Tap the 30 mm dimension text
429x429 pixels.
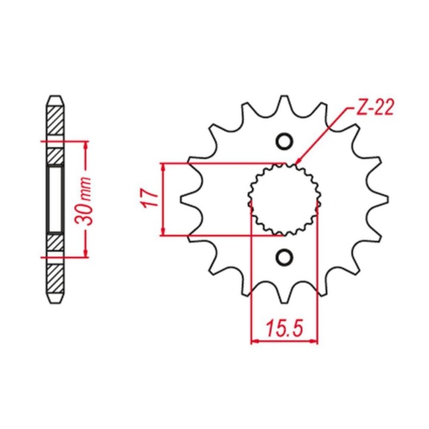[x=83, y=201]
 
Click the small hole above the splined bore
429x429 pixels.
[x=284, y=141]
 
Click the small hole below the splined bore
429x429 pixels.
[x=284, y=257]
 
